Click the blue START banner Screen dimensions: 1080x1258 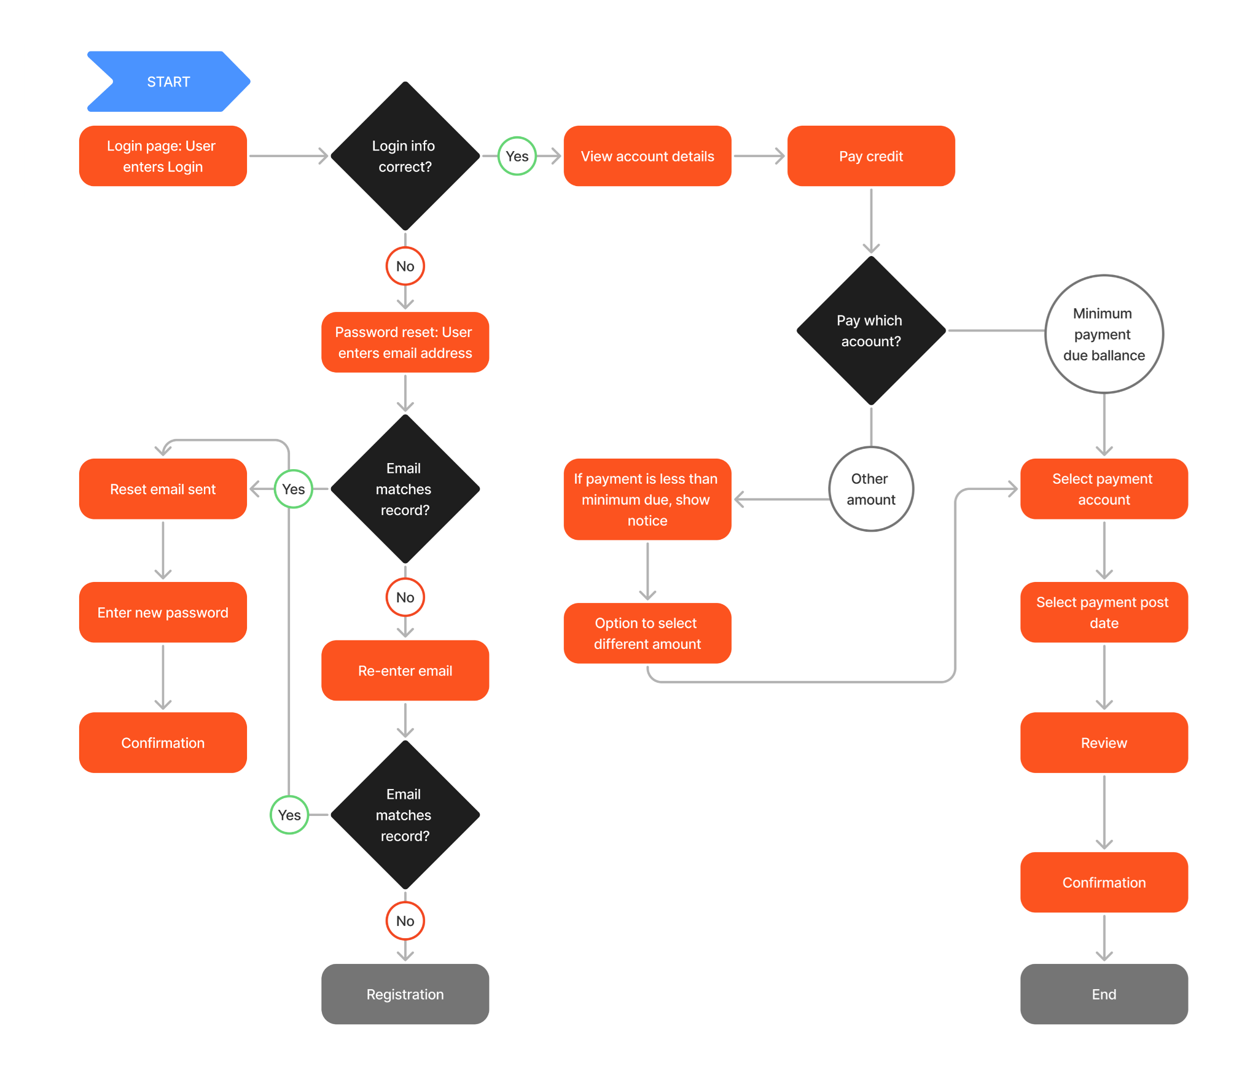pos(168,82)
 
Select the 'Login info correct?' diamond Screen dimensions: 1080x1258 pos(405,156)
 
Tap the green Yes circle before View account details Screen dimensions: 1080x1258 pos(517,156)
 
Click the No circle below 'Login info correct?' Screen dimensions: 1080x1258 pos(405,266)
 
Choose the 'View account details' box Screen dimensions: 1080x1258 pos(647,156)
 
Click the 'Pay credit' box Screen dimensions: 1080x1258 pos(870,156)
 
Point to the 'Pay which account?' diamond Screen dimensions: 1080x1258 pos(870,330)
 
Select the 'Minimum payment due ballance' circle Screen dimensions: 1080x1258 pos(1103,334)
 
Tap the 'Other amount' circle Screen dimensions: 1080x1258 pos(870,489)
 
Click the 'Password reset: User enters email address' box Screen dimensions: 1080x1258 pos(405,342)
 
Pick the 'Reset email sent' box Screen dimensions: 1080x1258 pos(163,489)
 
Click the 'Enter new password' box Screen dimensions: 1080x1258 pos(163,612)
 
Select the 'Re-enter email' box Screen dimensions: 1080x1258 pos(405,670)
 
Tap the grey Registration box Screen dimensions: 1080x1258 pos(405,993)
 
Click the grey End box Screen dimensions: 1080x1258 pos(1103,993)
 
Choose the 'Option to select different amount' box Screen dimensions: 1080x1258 pos(647,633)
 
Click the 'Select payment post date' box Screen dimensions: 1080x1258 pos(1103,612)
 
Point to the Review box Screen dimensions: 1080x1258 pos(1103,742)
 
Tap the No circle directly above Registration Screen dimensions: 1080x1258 pos(405,920)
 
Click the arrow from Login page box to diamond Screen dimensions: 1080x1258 pos(288,156)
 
